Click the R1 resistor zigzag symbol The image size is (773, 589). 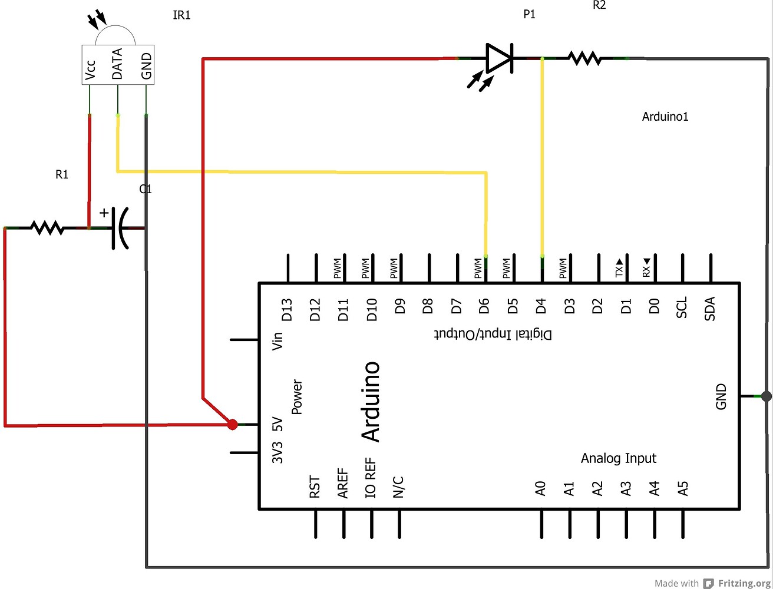tap(47, 227)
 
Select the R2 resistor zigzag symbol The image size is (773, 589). tap(584, 58)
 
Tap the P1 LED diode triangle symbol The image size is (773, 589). tap(499, 58)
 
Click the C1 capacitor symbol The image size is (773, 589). tap(120, 228)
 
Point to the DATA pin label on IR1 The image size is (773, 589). tap(117, 64)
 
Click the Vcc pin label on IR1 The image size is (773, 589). tap(90, 69)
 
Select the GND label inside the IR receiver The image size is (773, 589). tap(146, 66)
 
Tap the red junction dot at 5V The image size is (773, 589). tap(233, 424)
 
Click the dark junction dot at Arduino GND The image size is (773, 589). tap(766, 396)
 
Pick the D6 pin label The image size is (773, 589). tap(484, 306)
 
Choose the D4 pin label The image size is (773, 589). tap(541, 306)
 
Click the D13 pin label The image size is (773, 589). tap(287, 310)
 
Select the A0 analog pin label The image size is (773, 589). tap(540, 488)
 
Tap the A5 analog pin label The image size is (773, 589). tap(683, 488)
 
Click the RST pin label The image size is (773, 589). tap(315, 488)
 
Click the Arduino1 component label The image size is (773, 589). tap(665, 117)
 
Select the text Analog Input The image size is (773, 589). tap(618, 458)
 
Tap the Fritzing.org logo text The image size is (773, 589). tap(744, 583)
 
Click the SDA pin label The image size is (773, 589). tap(710, 308)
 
